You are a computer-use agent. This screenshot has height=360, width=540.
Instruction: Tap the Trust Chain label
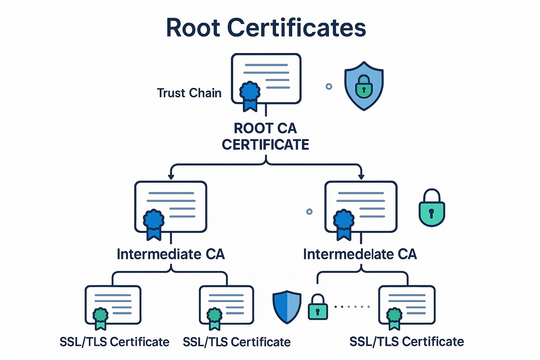[x=189, y=92]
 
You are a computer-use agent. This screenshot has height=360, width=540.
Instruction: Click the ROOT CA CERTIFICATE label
[x=265, y=137]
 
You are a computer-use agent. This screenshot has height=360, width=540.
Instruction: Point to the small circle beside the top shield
[x=329, y=86]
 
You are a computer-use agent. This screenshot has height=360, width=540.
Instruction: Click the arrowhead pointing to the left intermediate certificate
[x=170, y=176]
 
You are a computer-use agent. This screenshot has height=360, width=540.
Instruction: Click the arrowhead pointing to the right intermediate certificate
[x=361, y=176]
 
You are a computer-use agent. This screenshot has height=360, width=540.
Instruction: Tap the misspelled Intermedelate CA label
[x=360, y=254]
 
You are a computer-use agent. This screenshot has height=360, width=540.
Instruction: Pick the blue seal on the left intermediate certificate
[x=154, y=220]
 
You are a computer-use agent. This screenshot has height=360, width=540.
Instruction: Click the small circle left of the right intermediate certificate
[x=309, y=212]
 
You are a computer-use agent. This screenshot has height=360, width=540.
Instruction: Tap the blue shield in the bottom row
[x=287, y=307]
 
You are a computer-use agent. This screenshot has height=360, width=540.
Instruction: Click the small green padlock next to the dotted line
[x=317, y=309]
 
